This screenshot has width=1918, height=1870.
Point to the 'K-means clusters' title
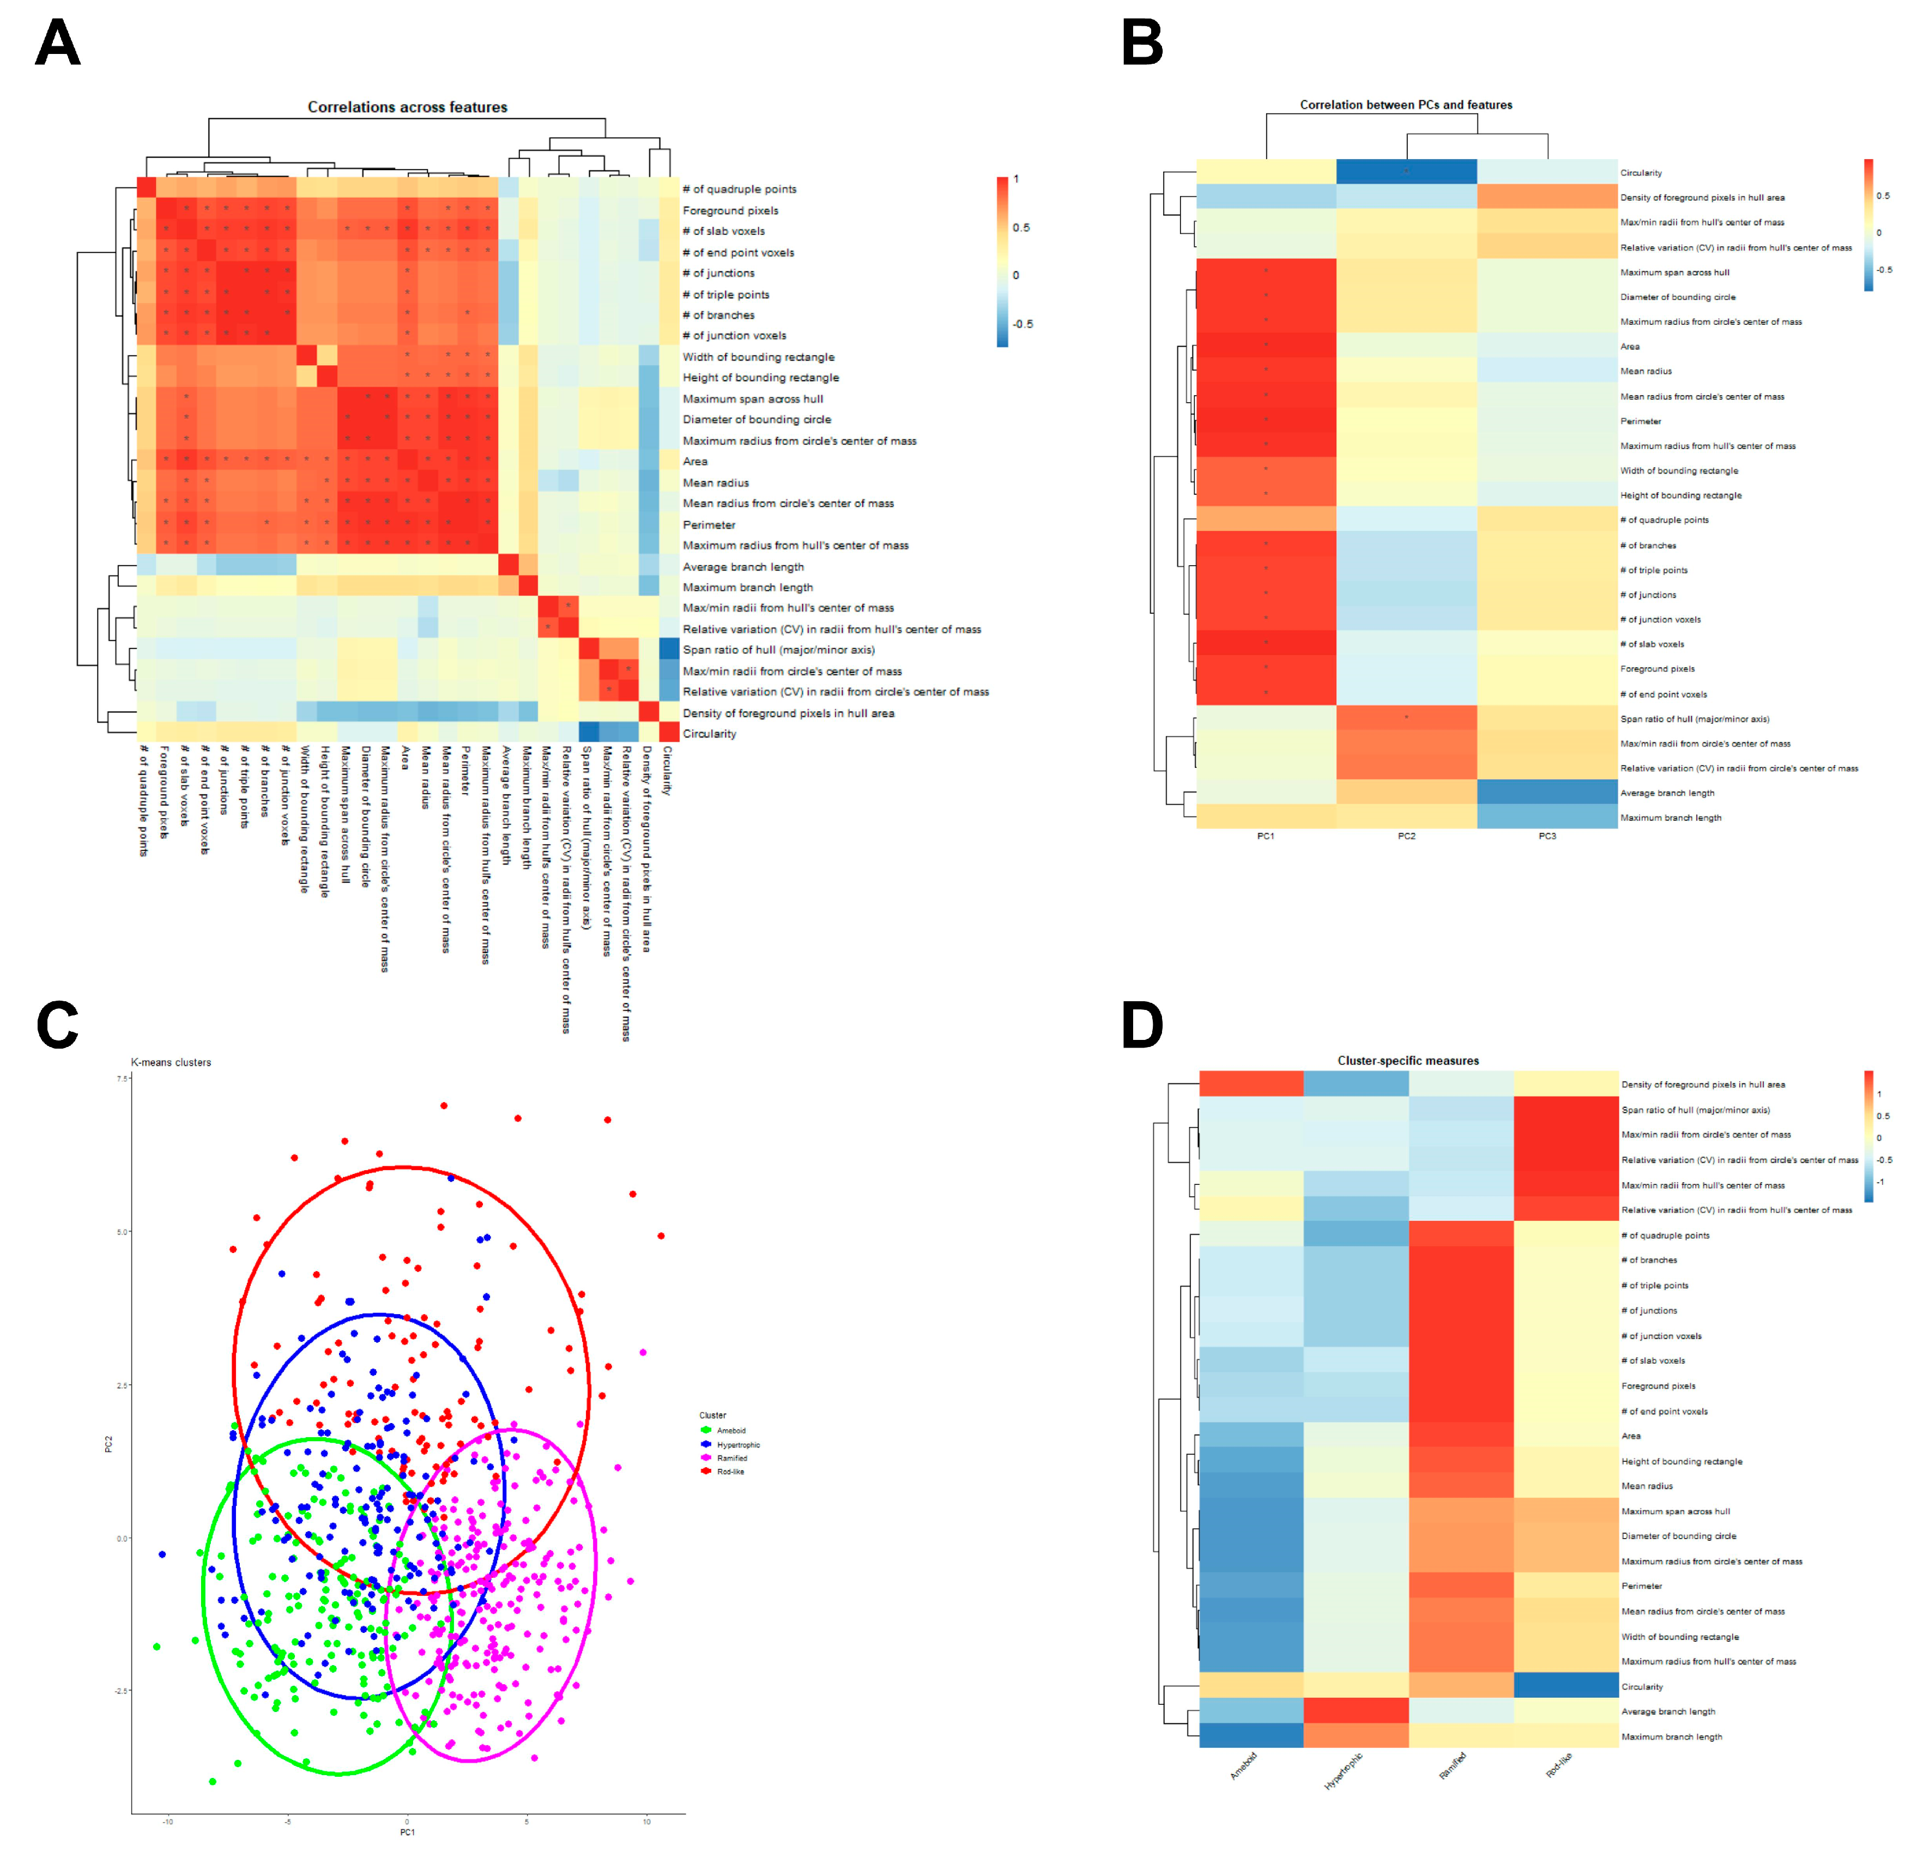point(171,1063)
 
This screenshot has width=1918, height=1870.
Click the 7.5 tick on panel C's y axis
point(123,1079)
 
